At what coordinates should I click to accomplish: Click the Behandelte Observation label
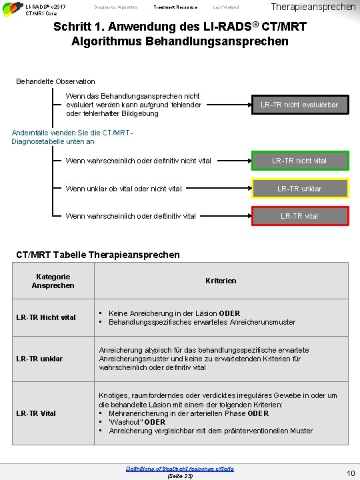coord(55,81)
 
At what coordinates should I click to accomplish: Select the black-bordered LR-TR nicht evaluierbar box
coord(299,105)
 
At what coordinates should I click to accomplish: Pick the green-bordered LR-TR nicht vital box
coord(299,161)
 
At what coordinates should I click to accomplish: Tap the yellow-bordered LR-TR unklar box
coord(299,189)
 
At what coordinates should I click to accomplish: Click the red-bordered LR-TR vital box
coord(299,216)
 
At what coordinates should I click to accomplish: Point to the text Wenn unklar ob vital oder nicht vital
coord(123,189)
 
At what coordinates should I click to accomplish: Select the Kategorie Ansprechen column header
coord(53,281)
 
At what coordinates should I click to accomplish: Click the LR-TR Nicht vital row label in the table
coord(46,317)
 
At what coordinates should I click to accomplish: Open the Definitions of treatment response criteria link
coord(179,469)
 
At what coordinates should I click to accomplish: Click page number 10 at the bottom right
coord(350,473)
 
